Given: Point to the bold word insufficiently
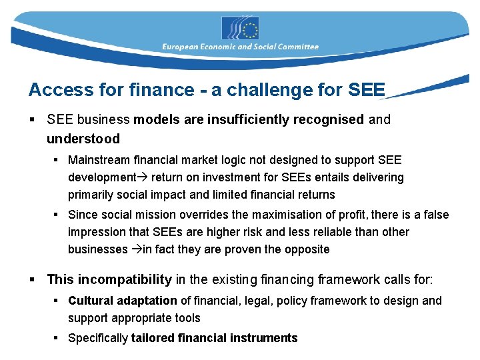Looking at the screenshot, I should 245,120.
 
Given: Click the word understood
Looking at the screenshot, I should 83,139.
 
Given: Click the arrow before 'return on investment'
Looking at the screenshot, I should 143,177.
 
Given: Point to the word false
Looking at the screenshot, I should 436,215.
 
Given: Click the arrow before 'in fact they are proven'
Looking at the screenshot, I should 136,249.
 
